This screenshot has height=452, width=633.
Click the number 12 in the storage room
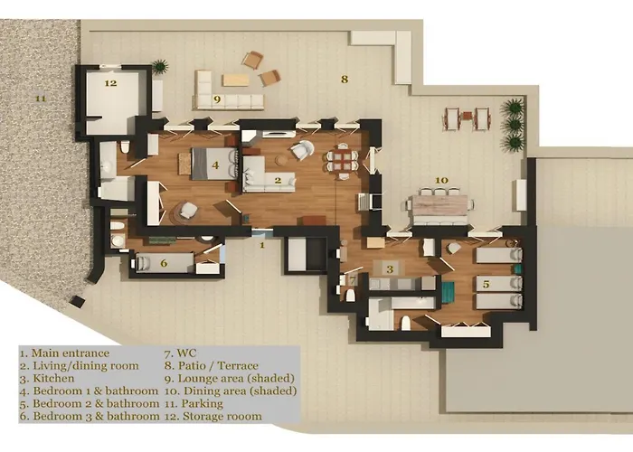[x=110, y=83]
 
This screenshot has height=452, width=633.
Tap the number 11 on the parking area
[x=39, y=97]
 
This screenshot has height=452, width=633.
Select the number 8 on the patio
[x=344, y=80]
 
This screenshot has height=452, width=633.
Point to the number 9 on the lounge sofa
[x=217, y=99]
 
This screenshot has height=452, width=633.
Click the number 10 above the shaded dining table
[x=441, y=181]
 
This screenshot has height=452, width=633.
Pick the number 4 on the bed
[x=214, y=165]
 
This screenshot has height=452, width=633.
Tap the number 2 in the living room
[x=278, y=180]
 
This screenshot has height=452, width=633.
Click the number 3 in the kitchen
[x=389, y=268]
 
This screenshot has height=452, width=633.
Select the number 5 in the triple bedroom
[x=487, y=284]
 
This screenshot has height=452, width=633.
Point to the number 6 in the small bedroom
[x=164, y=263]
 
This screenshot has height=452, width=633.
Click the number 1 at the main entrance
[x=261, y=244]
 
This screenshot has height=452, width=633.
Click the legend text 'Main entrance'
[x=69, y=353]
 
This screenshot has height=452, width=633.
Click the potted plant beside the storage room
[x=160, y=66]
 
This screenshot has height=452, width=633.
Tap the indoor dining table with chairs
[x=341, y=160]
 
